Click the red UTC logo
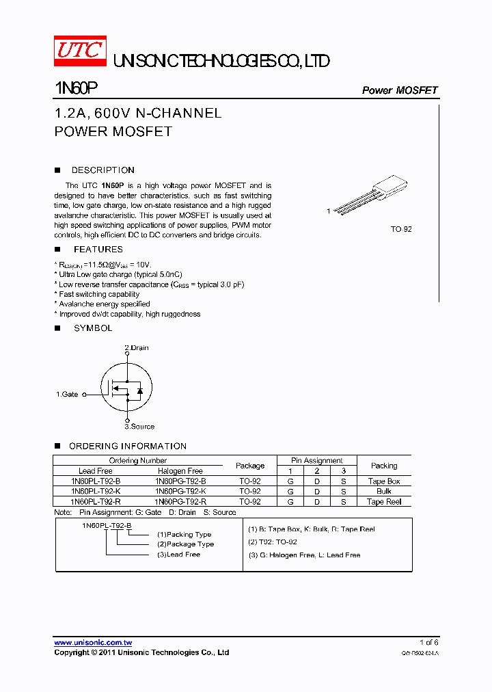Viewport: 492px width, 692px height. [80, 51]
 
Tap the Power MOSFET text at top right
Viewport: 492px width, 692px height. [399, 90]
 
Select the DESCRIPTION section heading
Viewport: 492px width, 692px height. [102, 170]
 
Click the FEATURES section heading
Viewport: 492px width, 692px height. [98, 250]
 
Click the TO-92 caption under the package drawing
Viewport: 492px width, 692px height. [401, 230]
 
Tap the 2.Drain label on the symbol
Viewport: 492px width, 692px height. [136, 348]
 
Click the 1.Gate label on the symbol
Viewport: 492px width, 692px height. [67, 395]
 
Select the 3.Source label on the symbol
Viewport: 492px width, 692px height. [139, 427]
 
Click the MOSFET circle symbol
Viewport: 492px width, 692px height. [126, 388]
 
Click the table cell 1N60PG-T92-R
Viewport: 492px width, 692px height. [180, 502]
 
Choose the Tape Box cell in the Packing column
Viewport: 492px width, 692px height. [384, 481]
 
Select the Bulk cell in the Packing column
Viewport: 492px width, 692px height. [384, 492]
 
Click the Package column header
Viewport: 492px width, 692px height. [250, 466]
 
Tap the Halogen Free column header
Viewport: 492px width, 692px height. [180, 471]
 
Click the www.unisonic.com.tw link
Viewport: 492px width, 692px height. [93, 643]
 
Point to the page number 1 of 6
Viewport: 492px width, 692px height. [429, 642]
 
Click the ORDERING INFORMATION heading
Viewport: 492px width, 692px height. [128, 447]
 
